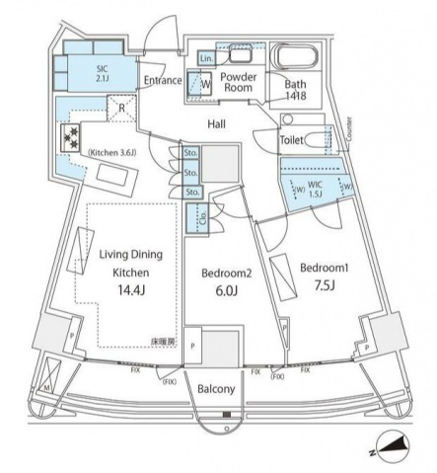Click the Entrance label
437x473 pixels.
click(162, 81)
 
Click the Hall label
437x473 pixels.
click(218, 123)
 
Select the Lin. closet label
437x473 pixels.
click(205, 60)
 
